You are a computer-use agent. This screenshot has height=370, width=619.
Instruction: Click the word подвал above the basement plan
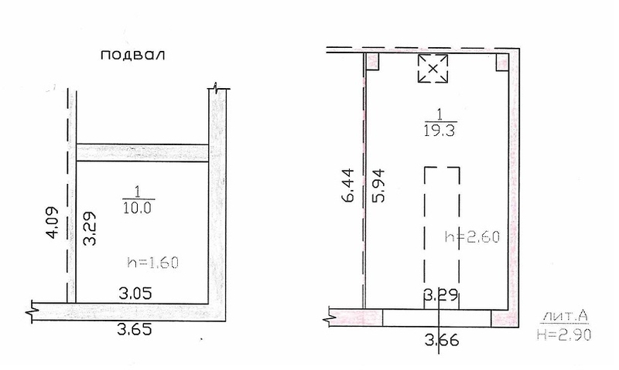(x=132, y=55)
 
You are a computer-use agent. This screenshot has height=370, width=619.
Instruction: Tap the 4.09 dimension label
(x=53, y=222)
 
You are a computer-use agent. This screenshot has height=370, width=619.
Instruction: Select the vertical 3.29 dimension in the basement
(x=91, y=229)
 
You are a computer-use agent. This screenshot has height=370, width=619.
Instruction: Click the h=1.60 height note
(x=153, y=262)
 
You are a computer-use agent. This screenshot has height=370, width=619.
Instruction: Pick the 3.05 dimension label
(x=135, y=294)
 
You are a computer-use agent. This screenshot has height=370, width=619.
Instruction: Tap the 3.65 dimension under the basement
(x=135, y=329)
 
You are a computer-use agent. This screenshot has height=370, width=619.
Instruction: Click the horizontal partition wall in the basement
(x=142, y=153)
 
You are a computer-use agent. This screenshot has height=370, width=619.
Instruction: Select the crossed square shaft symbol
(x=433, y=68)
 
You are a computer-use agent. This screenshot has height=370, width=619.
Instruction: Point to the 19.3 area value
(x=439, y=131)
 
